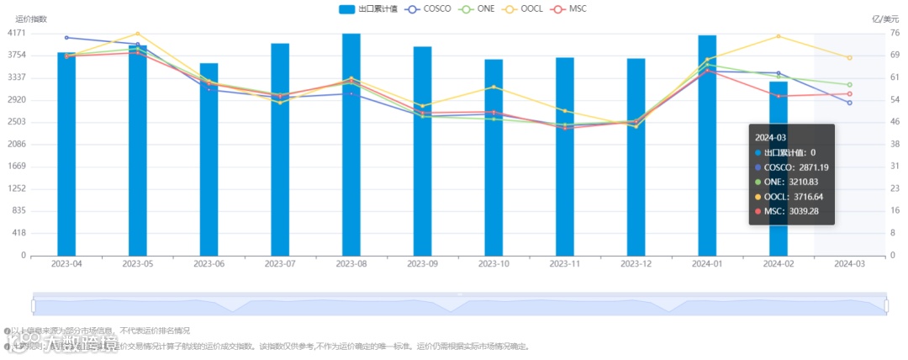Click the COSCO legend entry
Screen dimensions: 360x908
434,8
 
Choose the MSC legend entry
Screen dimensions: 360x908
572,8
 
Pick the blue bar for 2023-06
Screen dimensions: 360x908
209,160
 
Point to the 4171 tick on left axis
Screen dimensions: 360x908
16,33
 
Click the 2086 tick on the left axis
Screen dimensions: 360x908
16,144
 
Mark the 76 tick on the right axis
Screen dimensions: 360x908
895,33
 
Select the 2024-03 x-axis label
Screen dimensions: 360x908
849,263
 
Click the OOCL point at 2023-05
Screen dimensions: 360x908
138,34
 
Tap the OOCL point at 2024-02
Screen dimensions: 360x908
779,36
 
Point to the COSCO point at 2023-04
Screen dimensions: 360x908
66,37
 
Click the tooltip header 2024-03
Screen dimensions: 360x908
770,137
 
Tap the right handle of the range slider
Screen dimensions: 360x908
886,304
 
